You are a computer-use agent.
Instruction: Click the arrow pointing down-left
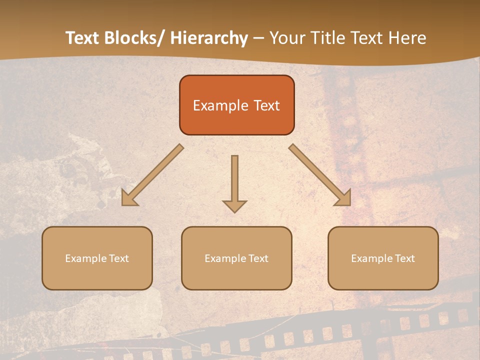[x=150, y=176]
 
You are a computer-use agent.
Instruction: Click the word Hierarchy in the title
[x=209, y=38]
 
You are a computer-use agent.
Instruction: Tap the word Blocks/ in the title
[x=132, y=38]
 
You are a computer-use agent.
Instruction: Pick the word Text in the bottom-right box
[x=404, y=258]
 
